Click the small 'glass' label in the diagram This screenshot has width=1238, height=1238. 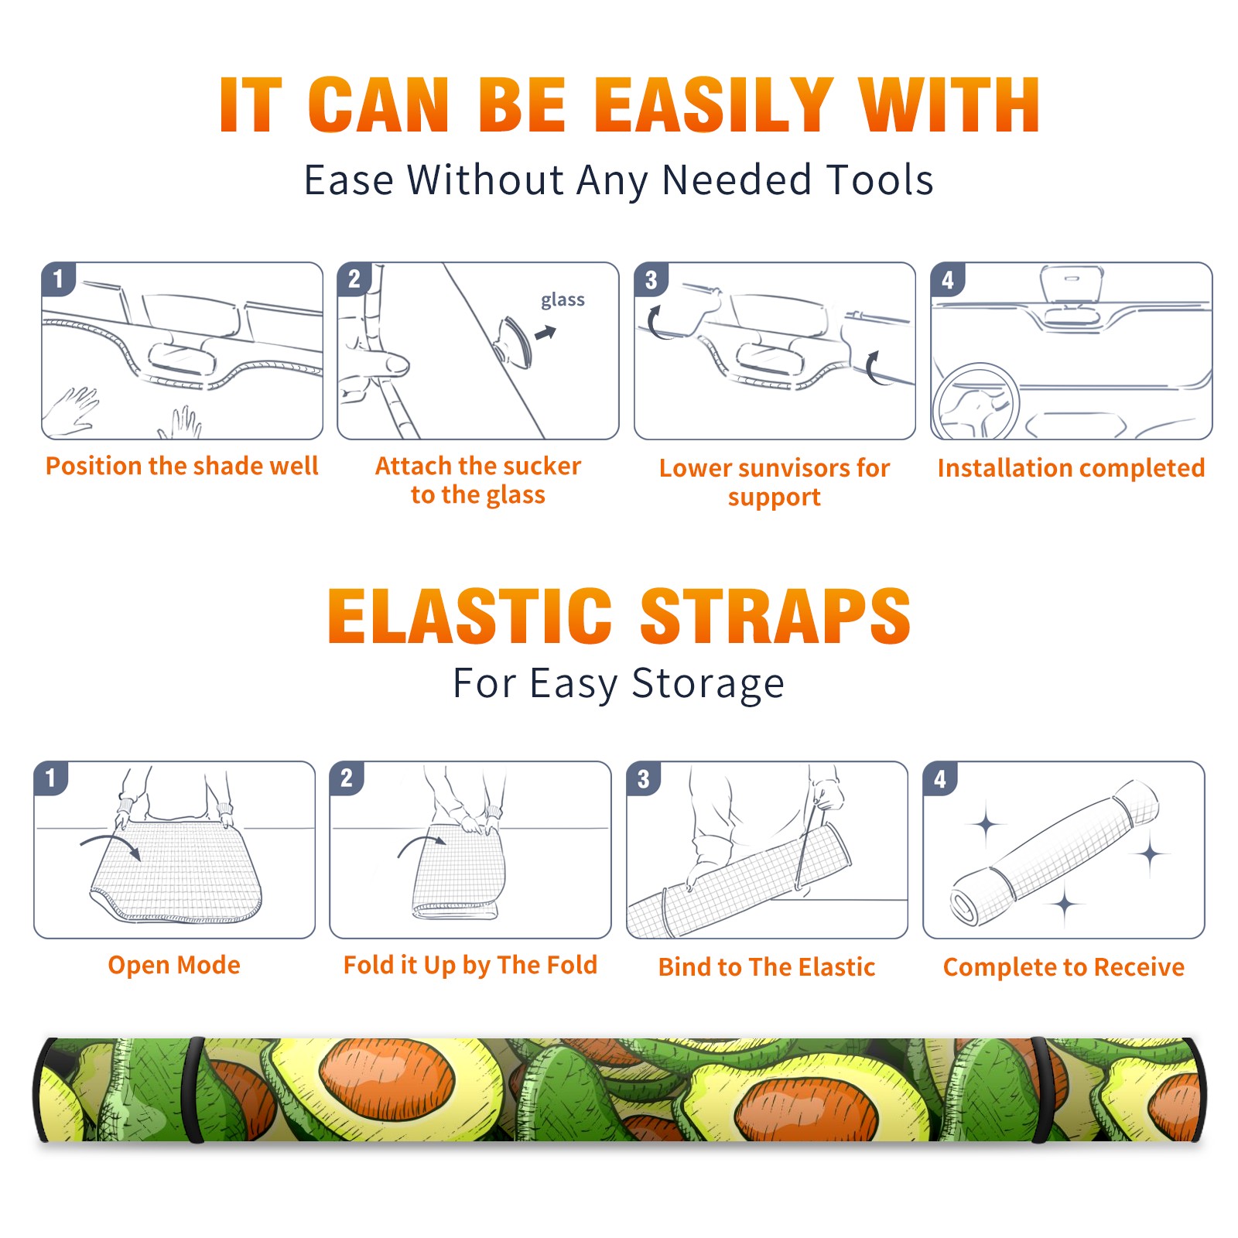click(563, 300)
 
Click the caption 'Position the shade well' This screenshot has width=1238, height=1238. click(182, 466)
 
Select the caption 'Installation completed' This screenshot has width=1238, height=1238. click(1071, 468)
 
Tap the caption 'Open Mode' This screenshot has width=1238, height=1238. click(174, 965)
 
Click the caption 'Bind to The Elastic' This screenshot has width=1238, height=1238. click(767, 967)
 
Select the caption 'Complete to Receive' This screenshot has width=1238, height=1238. click(1064, 967)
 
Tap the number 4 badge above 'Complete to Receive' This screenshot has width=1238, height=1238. click(940, 778)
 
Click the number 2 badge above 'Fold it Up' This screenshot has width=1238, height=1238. click(347, 778)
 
